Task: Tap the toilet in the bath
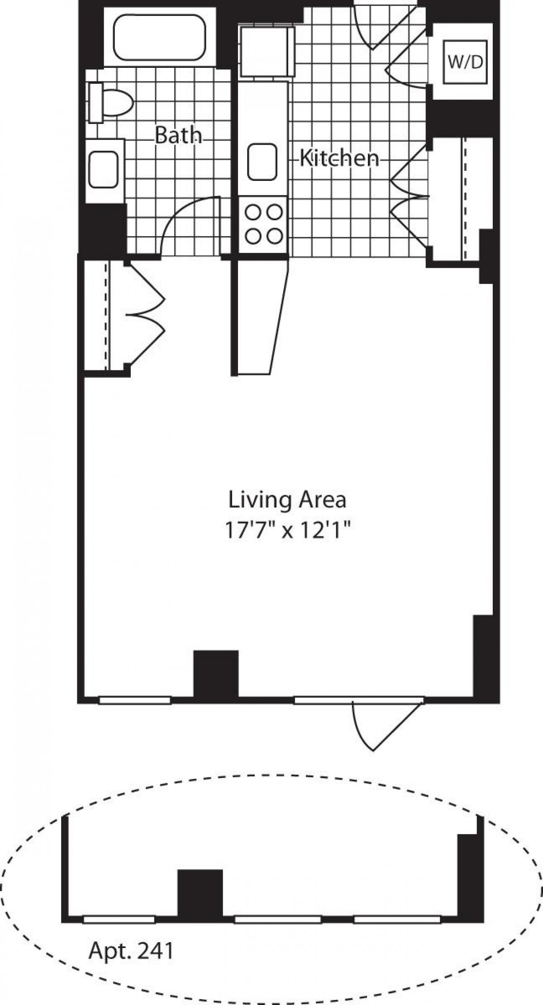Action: coord(113,102)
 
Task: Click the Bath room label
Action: coord(178,135)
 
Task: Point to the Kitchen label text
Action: coord(339,158)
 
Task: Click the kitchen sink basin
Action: coord(262,161)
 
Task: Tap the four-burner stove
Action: coord(263,224)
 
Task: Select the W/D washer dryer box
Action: coord(465,62)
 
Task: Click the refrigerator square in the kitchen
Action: coord(267,52)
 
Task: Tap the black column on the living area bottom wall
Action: coord(216,674)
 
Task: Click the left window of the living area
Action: coord(135,700)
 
